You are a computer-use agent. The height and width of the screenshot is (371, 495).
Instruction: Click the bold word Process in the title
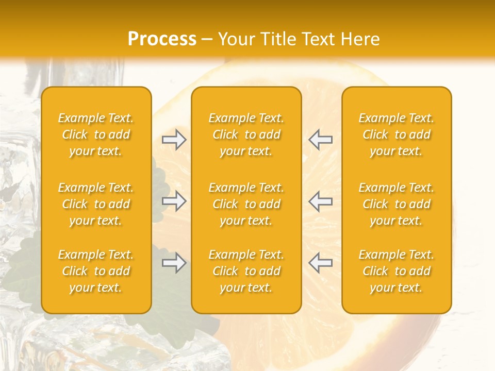162,39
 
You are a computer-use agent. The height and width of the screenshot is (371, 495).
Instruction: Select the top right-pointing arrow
174,140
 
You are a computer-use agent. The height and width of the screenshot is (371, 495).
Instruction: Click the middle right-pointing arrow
174,201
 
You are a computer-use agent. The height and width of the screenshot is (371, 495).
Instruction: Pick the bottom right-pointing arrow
174,263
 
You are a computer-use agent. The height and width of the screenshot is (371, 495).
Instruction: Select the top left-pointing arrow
320,140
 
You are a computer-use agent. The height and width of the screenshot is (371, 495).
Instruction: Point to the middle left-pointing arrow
320,201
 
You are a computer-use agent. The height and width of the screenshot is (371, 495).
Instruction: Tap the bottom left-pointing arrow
320,263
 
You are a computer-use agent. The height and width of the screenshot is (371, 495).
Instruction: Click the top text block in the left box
96,134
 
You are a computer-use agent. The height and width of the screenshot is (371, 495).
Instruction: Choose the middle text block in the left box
96,204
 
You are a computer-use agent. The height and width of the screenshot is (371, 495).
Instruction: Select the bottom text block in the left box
96,271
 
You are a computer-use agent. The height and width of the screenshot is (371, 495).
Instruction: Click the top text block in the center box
246,134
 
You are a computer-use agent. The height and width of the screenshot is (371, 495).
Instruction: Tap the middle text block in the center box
246,204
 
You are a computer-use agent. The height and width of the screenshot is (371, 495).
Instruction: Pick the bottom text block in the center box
246,271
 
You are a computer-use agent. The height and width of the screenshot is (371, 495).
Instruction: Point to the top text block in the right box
397,134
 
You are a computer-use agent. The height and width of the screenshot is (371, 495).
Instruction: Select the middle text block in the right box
397,204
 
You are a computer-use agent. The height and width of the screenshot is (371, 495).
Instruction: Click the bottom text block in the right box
397,271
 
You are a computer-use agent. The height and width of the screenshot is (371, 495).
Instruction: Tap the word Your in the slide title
237,39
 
